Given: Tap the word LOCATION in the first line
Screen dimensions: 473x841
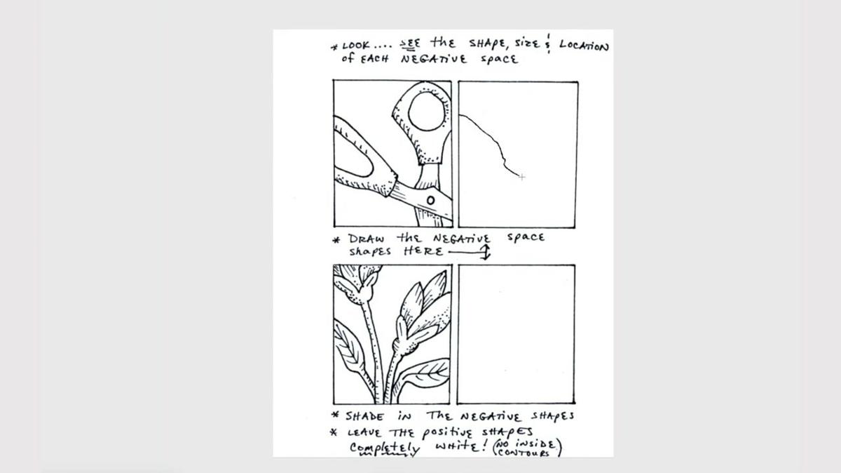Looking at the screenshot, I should click(x=584, y=46).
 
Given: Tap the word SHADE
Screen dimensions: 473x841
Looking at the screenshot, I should click(x=364, y=415).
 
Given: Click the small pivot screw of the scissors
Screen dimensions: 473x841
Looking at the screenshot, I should click(x=430, y=200).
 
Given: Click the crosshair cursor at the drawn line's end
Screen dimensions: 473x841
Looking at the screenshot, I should click(x=522, y=178).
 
